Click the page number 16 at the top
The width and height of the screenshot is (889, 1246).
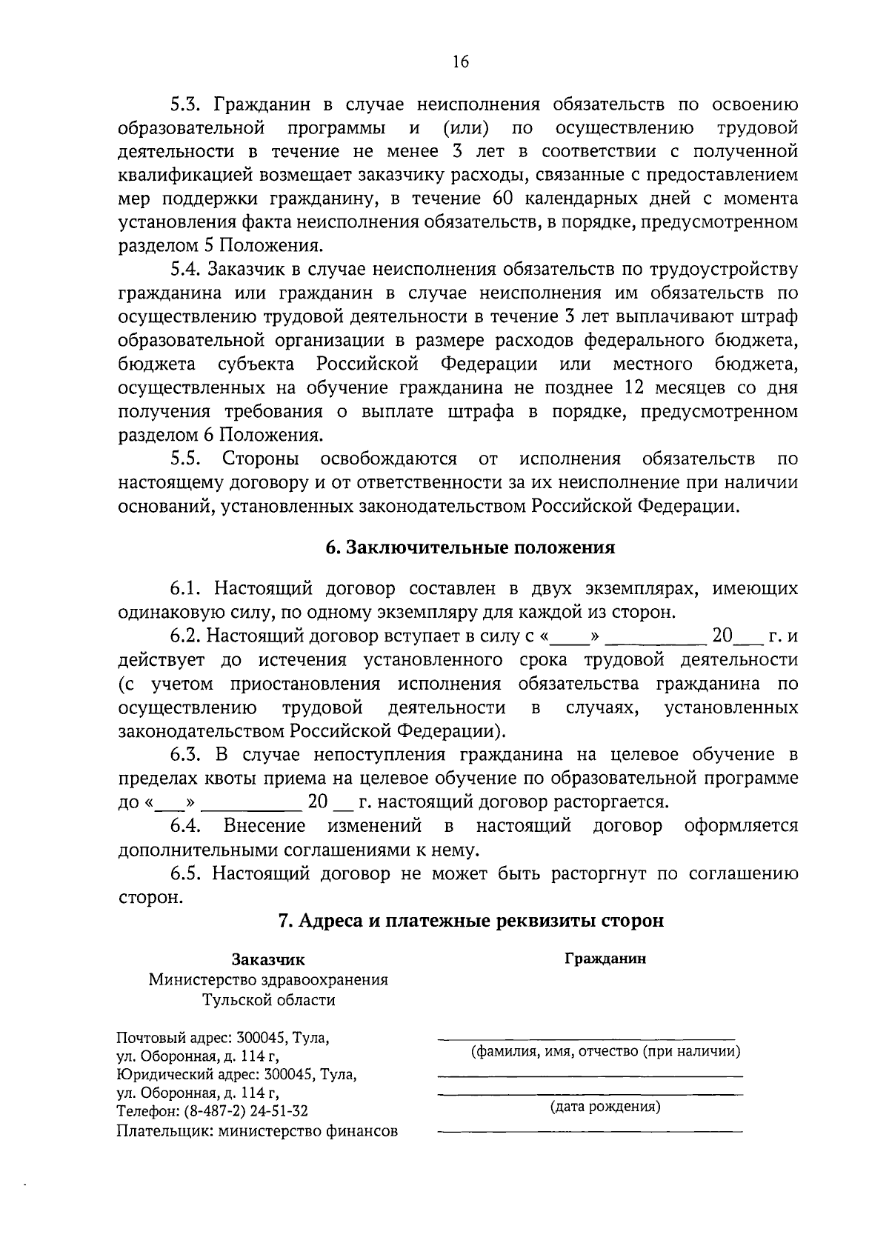(x=460, y=62)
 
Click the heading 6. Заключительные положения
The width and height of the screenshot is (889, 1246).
(x=470, y=548)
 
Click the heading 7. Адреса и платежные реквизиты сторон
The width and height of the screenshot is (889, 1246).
(x=470, y=921)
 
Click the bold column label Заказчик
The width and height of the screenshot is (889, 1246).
(x=268, y=960)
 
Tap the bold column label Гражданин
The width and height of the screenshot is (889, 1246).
(x=605, y=959)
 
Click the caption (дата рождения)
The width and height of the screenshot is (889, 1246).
(x=605, y=1107)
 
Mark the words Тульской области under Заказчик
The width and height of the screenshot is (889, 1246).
(x=269, y=1000)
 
